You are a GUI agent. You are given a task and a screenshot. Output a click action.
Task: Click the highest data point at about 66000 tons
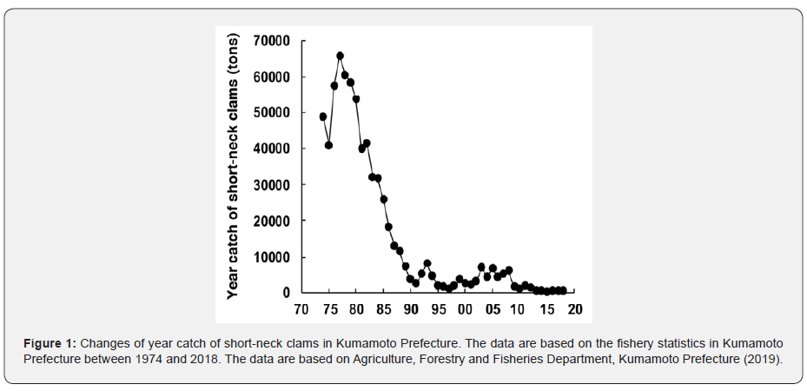[x=340, y=56]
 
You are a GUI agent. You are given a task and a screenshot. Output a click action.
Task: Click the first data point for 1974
[x=323, y=116]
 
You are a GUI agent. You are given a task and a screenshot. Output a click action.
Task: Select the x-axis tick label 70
[x=301, y=310]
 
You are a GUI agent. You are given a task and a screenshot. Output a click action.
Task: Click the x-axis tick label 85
[x=384, y=310]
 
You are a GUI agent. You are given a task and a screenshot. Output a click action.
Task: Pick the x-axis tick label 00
[x=466, y=310]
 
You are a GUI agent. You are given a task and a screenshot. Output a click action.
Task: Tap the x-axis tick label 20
[x=574, y=310]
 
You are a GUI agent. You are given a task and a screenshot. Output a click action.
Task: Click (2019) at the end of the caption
[x=764, y=359]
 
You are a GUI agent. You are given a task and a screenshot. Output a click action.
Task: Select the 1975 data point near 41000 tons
[x=328, y=145]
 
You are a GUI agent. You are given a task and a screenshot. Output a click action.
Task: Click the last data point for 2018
[x=563, y=290]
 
